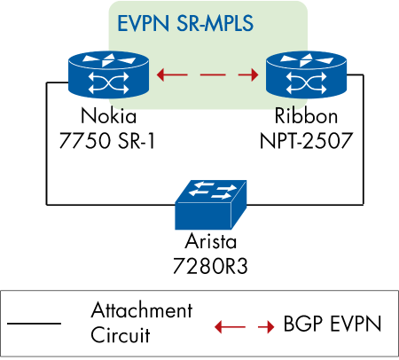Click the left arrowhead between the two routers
166,75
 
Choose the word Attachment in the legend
141,311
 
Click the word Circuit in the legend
121,335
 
